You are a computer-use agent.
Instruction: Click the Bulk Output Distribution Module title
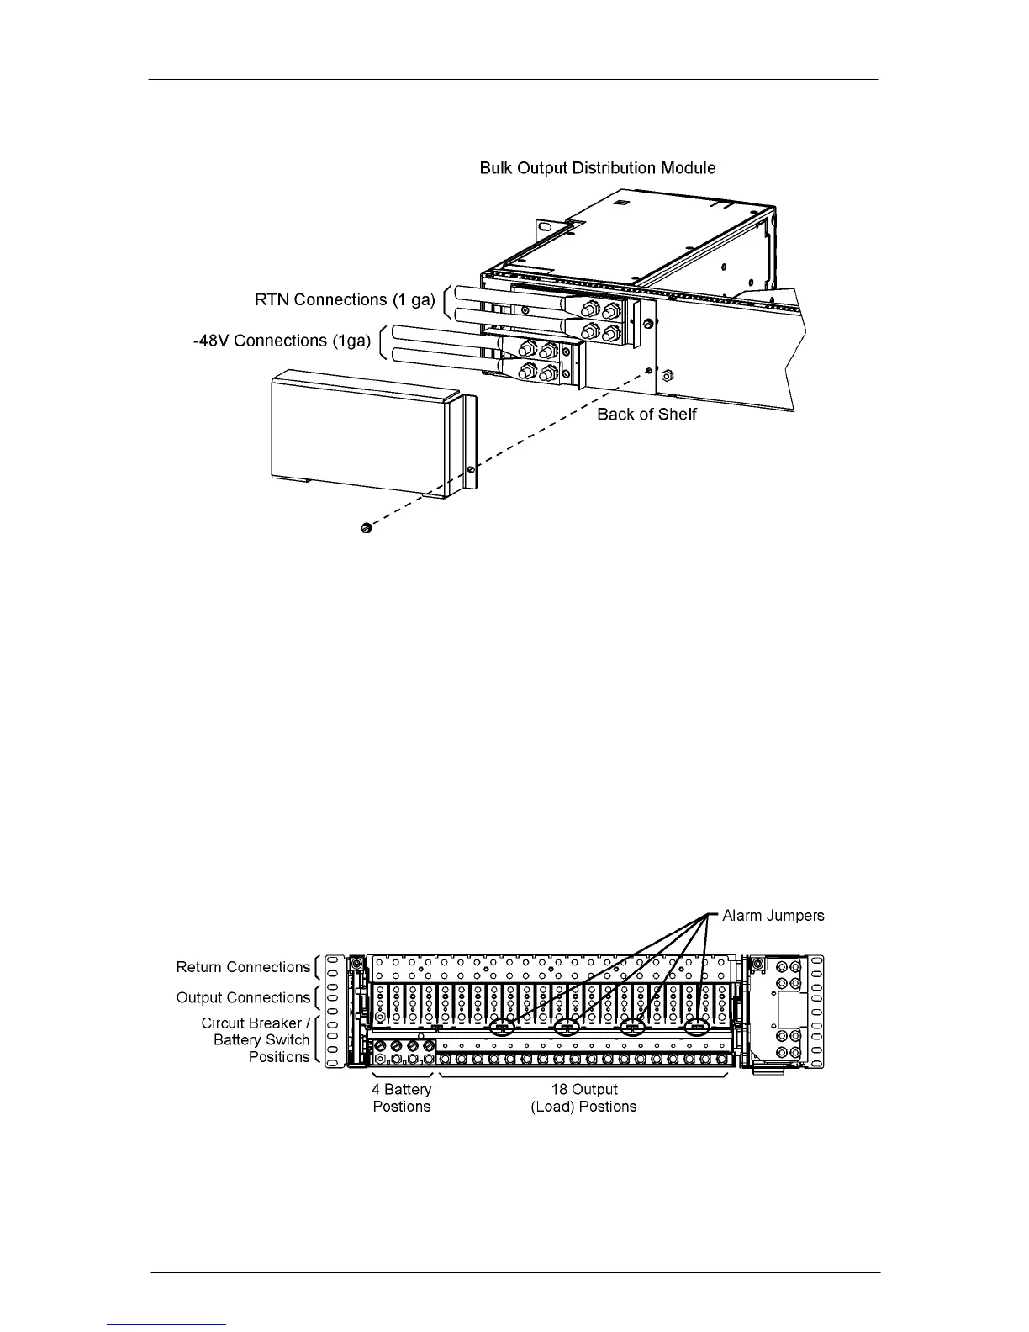(597, 168)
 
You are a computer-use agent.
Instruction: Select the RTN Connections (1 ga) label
(345, 300)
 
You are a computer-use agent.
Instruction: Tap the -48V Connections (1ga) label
(282, 341)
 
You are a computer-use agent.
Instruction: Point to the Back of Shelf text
(646, 415)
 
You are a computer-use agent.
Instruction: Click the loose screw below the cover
(366, 528)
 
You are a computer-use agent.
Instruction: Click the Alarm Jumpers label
(773, 916)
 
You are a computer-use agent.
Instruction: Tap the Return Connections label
(243, 968)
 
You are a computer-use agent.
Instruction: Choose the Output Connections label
(243, 998)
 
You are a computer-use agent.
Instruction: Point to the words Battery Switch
(261, 1040)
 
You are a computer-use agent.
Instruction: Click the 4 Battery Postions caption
(402, 1098)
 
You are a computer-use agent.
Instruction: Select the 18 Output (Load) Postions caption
(583, 1098)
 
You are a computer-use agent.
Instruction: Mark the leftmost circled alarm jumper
(501, 1028)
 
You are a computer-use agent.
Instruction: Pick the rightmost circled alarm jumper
(697, 1028)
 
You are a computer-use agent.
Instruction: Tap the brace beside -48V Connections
(383, 341)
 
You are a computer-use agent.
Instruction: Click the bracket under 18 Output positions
(583, 1076)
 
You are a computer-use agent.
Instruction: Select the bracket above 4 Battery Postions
(402, 1076)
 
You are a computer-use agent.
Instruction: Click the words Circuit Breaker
(251, 1023)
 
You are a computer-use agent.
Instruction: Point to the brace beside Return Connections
(317, 968)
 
